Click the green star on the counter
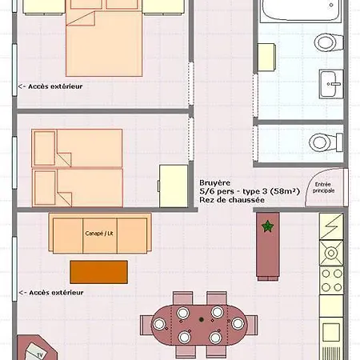tap(267, 226)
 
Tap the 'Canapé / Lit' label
tap(99, 234)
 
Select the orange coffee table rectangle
tap(98, 272)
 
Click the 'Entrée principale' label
tap(323, 187)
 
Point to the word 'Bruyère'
tap(214, 182)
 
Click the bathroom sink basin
tap(331, 84)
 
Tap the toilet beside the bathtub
tap(328, 42)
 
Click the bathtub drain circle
tap(331, 5)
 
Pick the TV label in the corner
tap(40, 355)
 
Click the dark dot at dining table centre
tap(202, 319)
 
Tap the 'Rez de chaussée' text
tap(232, 200)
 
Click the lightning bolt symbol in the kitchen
tap(331, 226)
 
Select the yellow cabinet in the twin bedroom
tap(174, 186)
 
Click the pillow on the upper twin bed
tap(45, 148)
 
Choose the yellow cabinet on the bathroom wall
tap(266, 57)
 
